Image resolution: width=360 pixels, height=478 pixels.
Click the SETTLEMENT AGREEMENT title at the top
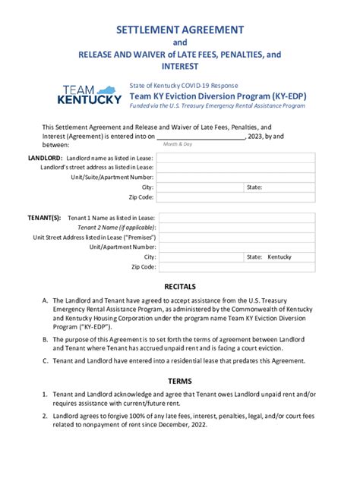point(180,30)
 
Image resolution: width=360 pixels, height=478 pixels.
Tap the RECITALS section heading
point(180,286)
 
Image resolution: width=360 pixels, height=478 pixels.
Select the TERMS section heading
point(180,380)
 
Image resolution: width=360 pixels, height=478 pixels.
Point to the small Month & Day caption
point(178,143)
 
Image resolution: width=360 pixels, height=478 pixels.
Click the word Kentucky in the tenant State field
point(279,257)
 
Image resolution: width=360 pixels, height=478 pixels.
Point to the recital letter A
point(46,301)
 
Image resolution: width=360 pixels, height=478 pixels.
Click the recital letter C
point(46,360)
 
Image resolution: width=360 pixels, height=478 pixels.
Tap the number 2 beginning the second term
point(46,416)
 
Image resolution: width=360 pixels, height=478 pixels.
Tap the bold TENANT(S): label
point(45,217)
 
